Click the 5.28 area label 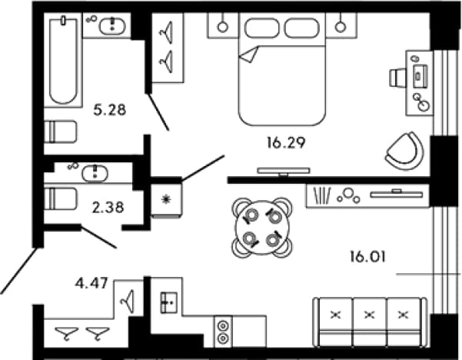coord(110,110)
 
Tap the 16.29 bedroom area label coord(286,143)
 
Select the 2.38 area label coord(108,208)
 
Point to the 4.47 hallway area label coord(91,284)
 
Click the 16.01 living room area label coord(367,256)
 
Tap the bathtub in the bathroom coord(63,61)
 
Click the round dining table coord(262,228)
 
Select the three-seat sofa coord(370,322)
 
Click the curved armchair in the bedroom coord(405,151)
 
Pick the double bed coord(282,69)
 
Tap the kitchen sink coord(168,302)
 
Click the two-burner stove coord(223,332)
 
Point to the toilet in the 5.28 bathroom coord(61,132)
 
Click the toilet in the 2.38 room coord(61,198)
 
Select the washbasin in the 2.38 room coord(95,173)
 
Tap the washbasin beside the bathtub coord(112,25)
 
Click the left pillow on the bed coord(261,28)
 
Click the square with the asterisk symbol coord(166,201)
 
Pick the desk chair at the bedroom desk coord(397,78)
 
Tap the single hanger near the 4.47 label coord(128,302)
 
